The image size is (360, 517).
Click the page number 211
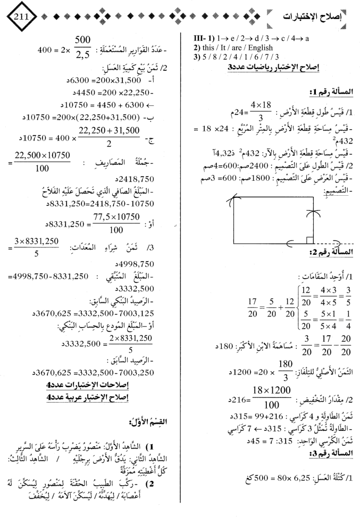point(18,15)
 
